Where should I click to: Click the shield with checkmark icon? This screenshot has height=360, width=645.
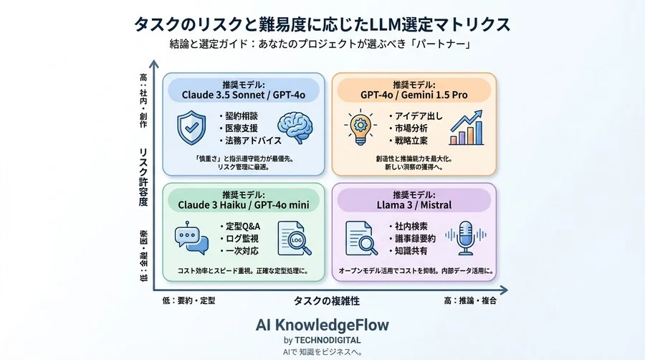[191, 127]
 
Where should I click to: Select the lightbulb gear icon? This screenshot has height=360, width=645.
[360, 128]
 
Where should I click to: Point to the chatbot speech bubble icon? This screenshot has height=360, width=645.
[191, 239]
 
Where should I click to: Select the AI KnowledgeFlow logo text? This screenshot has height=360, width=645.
[322, 324]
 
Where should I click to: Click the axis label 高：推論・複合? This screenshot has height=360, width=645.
[470, 300]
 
